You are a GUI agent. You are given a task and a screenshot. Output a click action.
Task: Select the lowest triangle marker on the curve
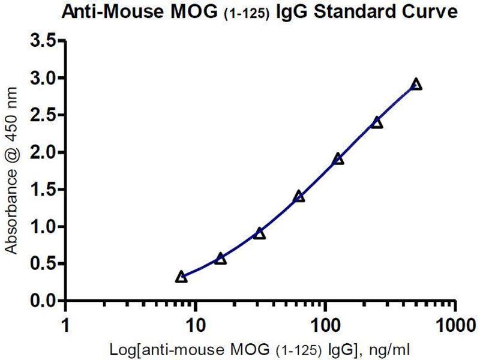coord(181,277)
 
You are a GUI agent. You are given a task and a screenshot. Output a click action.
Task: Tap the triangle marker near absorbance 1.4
coord(299,196)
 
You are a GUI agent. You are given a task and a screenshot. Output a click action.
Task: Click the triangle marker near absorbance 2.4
coord(377,122)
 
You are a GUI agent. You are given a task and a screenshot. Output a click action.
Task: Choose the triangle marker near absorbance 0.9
coord(259,233)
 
